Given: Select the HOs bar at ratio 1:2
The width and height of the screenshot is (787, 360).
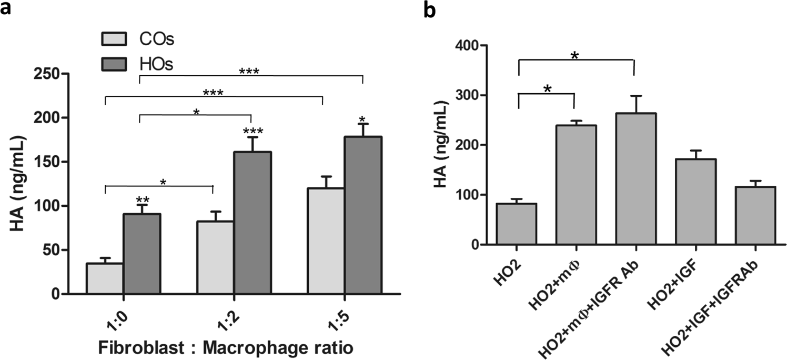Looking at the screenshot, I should click(x=252, y=223).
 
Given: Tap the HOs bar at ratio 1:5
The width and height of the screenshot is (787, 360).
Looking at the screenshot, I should click(x=362, y=215).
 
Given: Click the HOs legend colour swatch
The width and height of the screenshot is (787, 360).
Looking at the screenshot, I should click(x=114, y=64).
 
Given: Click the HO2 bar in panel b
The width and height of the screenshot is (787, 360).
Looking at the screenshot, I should click(x=519, y=224).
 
